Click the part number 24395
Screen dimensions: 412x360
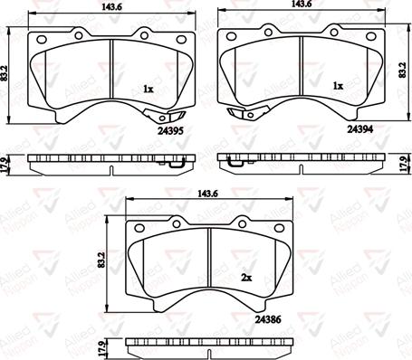[x=170, y=130]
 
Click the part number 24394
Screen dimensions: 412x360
[x=360, y=129]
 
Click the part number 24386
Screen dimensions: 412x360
[x=268, y=319]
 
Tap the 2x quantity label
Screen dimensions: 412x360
[x=246, y=278]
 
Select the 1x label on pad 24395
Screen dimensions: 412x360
[x=149, y=89]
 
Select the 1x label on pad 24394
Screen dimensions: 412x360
[x=338, y=86]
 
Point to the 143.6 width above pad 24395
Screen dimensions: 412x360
[x=111, y=8]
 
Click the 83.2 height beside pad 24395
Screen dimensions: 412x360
[x=4, y=73]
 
